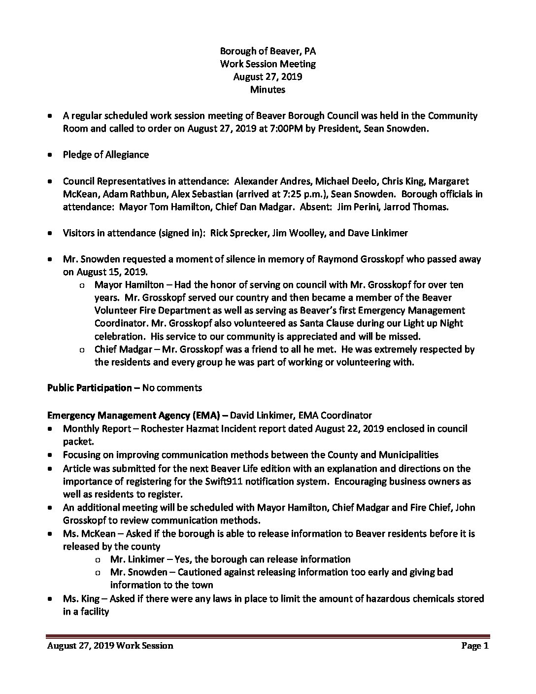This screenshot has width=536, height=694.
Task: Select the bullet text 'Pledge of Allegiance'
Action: click(x=105, y=154)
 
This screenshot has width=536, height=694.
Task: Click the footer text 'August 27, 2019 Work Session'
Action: click(x=110, y=645)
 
